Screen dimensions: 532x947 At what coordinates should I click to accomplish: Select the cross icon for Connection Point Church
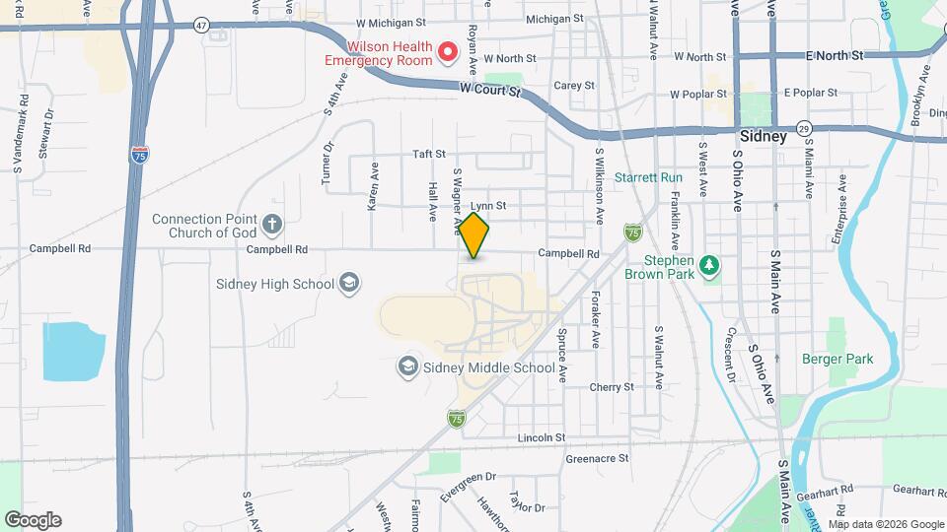coord(273,226)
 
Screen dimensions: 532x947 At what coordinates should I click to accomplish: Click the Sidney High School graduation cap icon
coord(348,284)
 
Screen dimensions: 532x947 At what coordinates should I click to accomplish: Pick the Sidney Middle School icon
coord(407,367)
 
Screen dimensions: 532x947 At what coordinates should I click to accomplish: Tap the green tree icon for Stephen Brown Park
coord(707,266)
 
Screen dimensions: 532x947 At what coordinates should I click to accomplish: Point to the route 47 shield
coord(202,25)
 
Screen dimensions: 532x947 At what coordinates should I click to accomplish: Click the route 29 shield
coord(805,128)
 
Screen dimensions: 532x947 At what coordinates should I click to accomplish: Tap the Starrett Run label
coord(648,177)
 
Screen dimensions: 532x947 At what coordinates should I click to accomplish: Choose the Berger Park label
coord(838,360)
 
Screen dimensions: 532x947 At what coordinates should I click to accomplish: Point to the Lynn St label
coord(488,206)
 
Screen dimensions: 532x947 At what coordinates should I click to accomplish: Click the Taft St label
coord(429,154)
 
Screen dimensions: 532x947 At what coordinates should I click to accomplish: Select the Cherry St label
coord(612,387)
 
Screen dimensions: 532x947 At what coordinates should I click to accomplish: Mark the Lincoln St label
coord(542,436)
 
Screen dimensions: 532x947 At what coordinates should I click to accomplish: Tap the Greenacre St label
coord(597,458)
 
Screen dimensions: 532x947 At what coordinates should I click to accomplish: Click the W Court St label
coord(490,90)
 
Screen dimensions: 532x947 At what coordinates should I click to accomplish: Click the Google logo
coord(34,519)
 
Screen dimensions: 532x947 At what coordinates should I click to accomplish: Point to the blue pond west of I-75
coord(73,351)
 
